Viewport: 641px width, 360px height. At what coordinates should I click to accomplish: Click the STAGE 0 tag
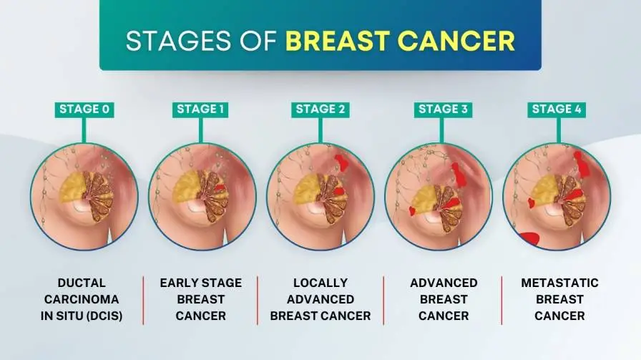[x=84, y=110]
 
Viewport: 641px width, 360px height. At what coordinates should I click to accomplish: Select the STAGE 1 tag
[x=201, y=110]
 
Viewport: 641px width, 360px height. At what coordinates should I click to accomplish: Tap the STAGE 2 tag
[x=320, y=110]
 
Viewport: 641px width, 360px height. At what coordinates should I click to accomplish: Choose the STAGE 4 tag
[x=557, y=110]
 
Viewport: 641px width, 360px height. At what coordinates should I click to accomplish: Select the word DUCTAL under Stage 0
[x=84, y=283]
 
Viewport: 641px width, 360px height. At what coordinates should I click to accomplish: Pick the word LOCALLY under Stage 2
[x=320, y=283]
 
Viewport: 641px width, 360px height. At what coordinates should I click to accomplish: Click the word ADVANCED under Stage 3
[x=444, y=283]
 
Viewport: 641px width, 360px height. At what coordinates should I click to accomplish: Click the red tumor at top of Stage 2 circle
[x=342, y=161]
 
